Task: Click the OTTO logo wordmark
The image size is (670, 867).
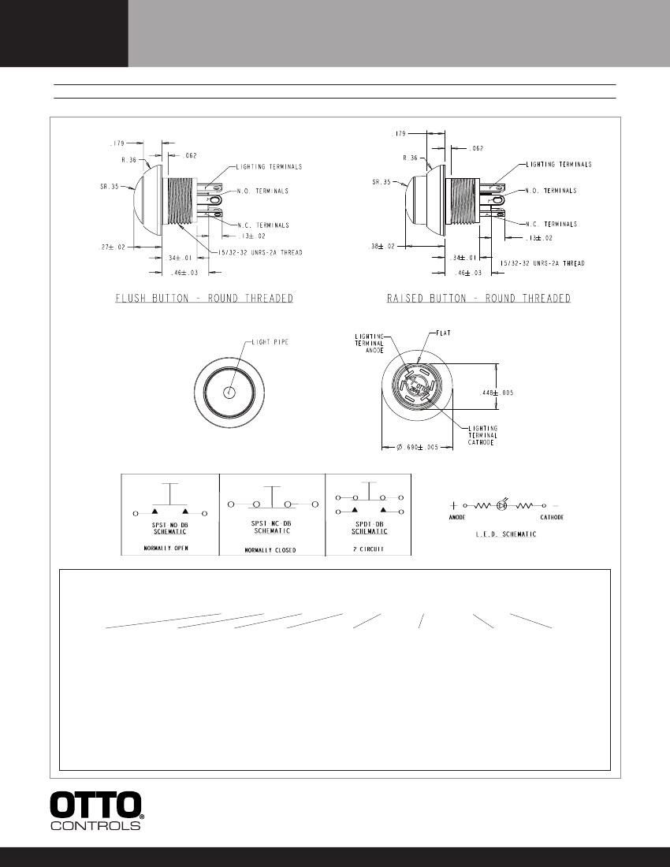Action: point(96,804)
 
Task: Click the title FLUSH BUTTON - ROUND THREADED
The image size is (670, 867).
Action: point(204,299)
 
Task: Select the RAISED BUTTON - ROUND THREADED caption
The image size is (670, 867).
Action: point(478,299)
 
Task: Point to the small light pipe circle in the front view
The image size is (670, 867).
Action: point(229,392)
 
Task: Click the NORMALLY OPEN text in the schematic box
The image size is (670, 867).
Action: point(169,548)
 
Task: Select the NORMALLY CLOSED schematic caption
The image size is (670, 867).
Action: point(270,549)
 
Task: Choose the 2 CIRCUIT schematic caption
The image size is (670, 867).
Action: point(367,548)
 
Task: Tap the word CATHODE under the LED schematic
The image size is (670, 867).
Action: point(556,519)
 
